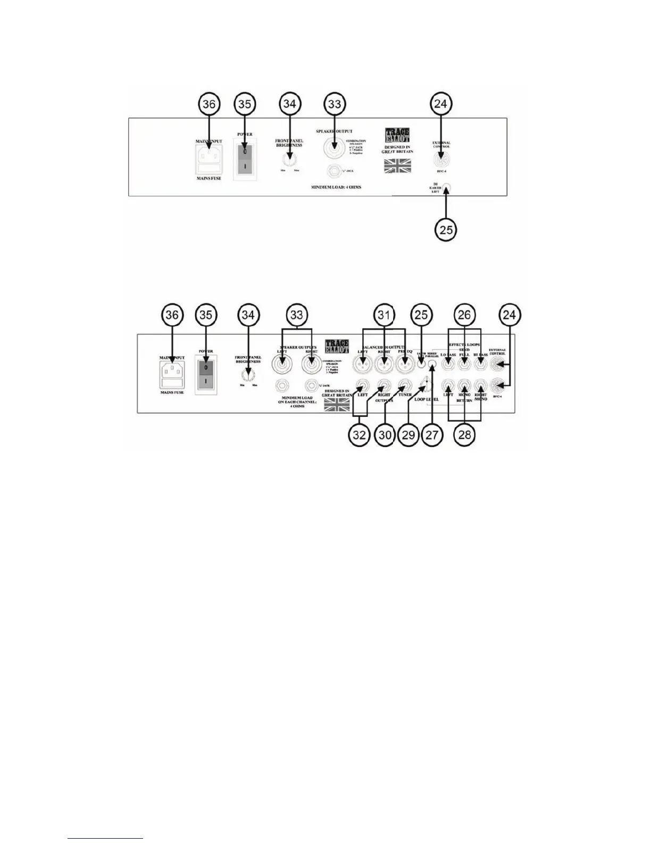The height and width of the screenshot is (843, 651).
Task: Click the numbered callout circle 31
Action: pyautogui.click(x=384, y=316)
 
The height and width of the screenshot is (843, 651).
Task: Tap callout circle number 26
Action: pyautogui.click(x=464, y=316)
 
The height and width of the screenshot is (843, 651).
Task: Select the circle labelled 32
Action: pyautogui.click(x=360, y=435)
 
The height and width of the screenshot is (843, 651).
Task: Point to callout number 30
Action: pyautogui.click(x=386, y=435)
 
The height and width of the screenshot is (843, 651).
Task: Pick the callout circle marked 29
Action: pyautogui.click(x=408, y=435)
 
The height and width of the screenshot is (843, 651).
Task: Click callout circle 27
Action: pyautogui.click(x=432, y=435)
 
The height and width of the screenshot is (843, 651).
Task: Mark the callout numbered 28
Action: pyautogui.click(x=464, y=435)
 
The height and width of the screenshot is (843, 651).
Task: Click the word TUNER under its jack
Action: pyautogui.click(x=405, y=395)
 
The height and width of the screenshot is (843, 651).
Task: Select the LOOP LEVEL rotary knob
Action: pyautogui.click(x=426, y=383)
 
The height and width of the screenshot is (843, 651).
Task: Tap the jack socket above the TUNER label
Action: pyautogui.click(x=405, y=385)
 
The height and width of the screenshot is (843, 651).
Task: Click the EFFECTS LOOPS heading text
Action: pyautogui.click(x=464, y=345)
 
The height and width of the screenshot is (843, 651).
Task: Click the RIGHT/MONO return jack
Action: pyautogui.click(x=480, y=384)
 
